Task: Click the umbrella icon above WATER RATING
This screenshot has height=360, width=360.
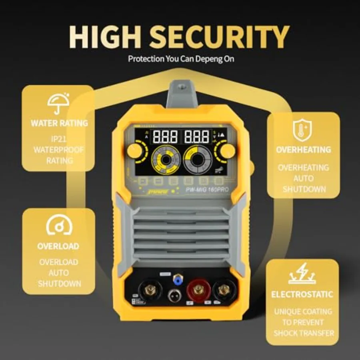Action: (58, 104)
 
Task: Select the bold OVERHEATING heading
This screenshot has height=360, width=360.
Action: (303, 150)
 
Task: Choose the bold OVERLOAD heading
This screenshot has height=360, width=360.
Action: (58, 246)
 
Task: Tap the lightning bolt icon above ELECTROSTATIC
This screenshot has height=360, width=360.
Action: (302, 274)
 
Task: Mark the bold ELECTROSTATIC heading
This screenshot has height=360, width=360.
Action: (302, 294)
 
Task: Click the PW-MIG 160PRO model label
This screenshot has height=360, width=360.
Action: (208, 191)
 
